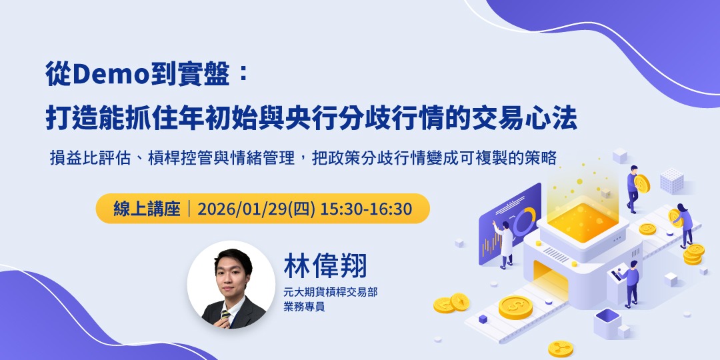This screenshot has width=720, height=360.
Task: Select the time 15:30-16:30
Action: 366,209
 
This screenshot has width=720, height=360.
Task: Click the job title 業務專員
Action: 304,307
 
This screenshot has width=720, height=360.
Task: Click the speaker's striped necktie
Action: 227,315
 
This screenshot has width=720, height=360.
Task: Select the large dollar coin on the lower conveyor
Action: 515,306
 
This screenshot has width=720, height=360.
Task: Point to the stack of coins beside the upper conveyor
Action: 693,253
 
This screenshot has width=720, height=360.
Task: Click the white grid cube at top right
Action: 671,180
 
